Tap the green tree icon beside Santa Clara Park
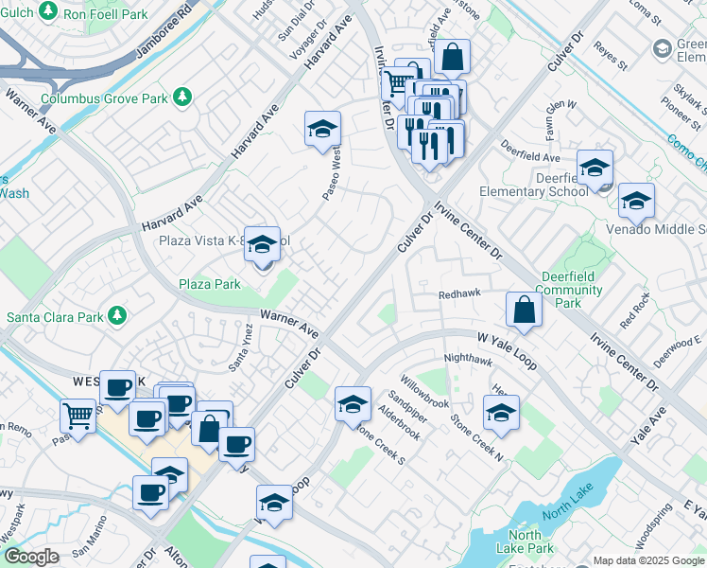click(116, 315)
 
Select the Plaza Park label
click(210, 284)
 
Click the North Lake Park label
click(525, 542)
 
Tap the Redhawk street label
click(460, 295)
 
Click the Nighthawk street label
click(468, 360)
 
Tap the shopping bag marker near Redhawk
click(524, 309)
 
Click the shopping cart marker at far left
click(78, 415)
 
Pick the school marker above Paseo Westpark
click(322, 129)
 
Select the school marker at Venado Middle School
click(636, 201)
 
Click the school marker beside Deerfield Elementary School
click(595, 169)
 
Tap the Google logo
click(31, 558)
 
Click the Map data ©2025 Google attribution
click(647, 560)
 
